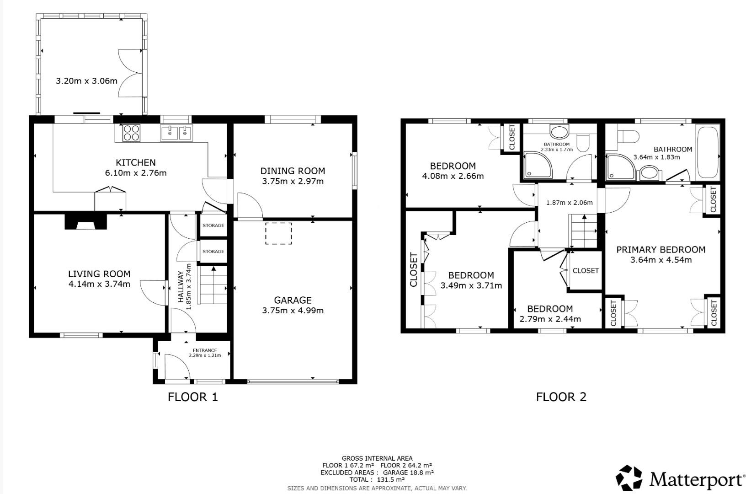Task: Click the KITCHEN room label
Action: (x=135, y=162)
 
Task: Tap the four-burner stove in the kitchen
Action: (x=131, y=133)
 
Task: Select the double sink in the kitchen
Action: (x=176, y=133)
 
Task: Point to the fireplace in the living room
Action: (x=86, y=222)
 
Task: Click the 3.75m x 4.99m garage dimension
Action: (x=293, y=311)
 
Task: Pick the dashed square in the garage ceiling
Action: (x=278, y=233)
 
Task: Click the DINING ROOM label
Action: (x=293, y=171)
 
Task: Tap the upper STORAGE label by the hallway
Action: (x=213, y=226)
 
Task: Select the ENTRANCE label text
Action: (x=205, y=350)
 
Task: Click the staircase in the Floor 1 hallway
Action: (x=213, y=286)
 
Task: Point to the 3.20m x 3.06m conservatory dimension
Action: (x=86, y=81)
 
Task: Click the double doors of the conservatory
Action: (x=129, y=73)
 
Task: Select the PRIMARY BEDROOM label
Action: (x=660, y=250)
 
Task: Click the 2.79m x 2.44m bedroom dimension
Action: (x=550, y=319)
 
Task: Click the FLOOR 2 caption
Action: (x=561, y=397)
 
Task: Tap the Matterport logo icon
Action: (x=629, y=479)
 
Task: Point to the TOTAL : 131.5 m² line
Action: (x=377, y=479)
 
